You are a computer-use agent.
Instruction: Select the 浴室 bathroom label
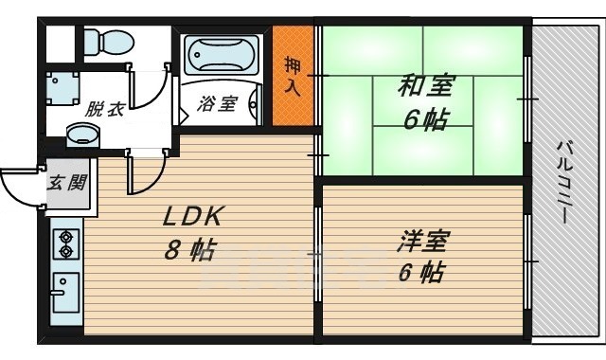click(x=217, y=104)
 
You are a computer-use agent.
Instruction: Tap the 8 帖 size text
click(x=188, y=252)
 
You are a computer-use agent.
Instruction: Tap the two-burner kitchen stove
click(x=68, y=243)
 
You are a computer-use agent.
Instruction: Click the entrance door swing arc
click(x=21, y=185)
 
